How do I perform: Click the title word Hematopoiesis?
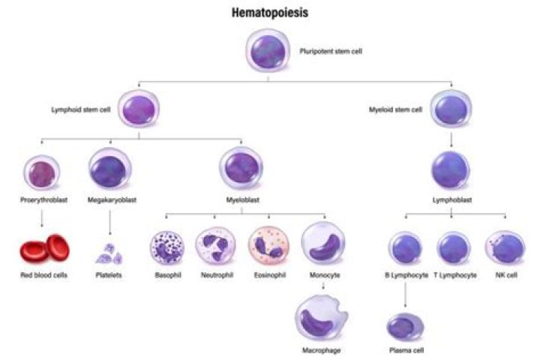tap(270, 13)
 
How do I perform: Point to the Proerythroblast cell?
tap(42, 172)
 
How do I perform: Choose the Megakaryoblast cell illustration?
tap(111, 169)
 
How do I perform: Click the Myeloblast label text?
tap(241, 200)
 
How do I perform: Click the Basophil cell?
tap(167, 250)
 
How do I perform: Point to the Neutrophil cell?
tap(215, 249)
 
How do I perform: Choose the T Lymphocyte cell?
tap(453, 250)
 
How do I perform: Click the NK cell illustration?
tap(503, 248)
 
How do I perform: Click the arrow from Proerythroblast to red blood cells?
tap(42, 217)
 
